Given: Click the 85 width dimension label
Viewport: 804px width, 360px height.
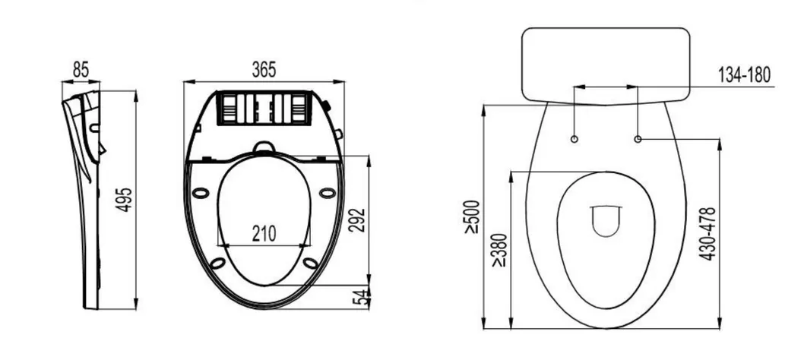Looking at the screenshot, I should pyautogui.click(x=81, y=69).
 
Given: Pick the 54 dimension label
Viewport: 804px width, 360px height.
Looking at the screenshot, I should pyautogui.click(x=359, y=297).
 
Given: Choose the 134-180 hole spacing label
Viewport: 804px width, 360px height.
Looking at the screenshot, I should pyautogui.click(x=744, y=74).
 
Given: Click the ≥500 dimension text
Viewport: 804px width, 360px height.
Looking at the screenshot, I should pyautogui.click(x=473, y=216).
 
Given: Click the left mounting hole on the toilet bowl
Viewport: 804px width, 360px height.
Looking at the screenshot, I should pyautogui.click(x=575, y=139).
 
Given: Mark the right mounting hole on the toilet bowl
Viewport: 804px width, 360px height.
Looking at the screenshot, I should pyautogui.click(x=638, y=139).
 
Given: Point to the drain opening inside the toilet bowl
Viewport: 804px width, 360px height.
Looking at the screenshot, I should pyautogui.click(x=606, y=220).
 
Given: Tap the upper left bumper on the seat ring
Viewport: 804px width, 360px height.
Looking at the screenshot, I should pyautogui.click(x=201, y=192).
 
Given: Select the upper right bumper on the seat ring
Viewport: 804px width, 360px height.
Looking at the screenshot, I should pyautogui.click(x=328, y=192).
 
